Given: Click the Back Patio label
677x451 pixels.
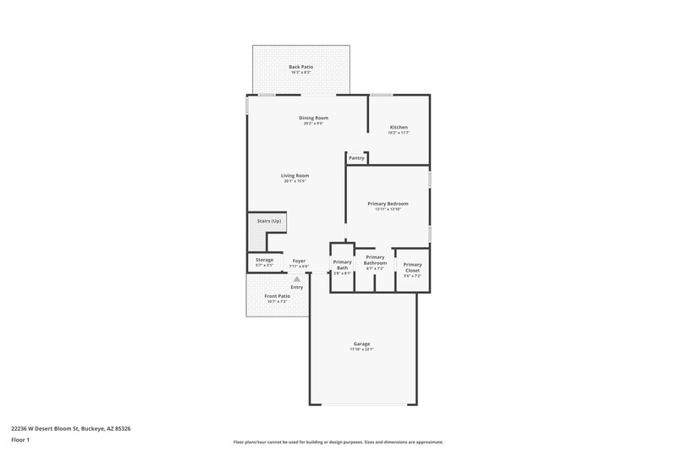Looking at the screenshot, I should click(301, 66).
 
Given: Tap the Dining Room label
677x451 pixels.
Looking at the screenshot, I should click(314, 118).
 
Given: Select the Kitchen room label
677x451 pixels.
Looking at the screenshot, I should click(399, 128).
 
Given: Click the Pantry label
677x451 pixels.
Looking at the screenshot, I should click(356, 157).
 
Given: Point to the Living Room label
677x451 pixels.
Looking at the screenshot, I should click(295, 175).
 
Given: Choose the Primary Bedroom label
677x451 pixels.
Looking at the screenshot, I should click(388, 204).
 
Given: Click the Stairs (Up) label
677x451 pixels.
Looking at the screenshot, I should click(270, 221).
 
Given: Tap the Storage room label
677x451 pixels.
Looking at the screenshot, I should click(265, 260).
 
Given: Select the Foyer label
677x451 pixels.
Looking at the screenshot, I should click(299, 261).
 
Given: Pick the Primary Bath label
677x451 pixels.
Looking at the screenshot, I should click(342, 265).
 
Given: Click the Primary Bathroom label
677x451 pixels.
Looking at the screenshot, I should click(375, 260).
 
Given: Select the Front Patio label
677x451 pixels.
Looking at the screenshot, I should click(278, 296).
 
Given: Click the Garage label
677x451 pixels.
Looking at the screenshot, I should click(361, 344).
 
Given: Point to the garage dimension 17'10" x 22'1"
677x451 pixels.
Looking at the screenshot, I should click(361, 349).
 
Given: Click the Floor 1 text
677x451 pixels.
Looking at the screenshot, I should click(20, 440).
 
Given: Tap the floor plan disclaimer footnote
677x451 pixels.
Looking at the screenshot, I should click(338, 442).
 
